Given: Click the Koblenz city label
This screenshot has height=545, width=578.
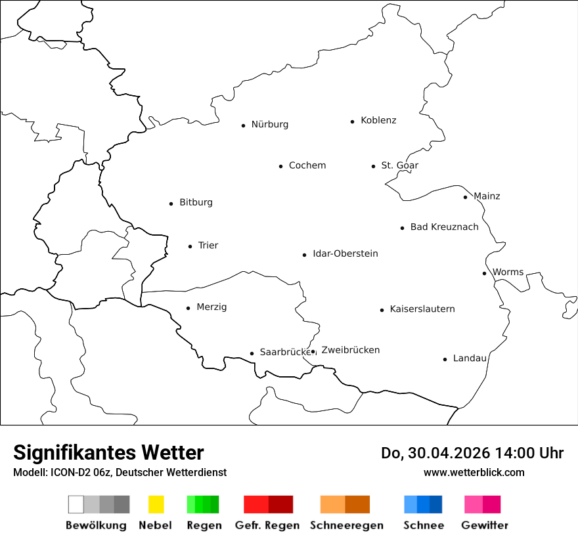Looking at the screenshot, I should pos(378,120).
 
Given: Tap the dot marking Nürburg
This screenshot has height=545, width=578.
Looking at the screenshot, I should pos(243,125).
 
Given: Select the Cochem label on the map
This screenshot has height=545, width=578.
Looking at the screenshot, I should pos(307,165).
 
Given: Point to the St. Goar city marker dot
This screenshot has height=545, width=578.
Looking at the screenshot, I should pos(373,166).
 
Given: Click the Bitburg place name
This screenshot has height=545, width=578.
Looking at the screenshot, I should pos(196,202).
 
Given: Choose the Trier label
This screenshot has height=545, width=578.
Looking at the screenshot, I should pos(208,246).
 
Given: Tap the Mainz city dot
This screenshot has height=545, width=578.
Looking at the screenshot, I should pos(465,197).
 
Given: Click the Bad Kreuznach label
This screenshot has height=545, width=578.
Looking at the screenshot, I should pos(444,227).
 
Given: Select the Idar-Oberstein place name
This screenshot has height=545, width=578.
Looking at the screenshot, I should pos(345,253).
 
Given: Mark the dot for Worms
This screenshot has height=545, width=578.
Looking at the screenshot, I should pos(484,273).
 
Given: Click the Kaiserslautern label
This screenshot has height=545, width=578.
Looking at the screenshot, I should pos(422,309).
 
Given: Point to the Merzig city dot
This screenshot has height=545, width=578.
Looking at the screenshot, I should pos(188,308).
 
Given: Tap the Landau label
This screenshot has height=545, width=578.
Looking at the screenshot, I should pos(470,359).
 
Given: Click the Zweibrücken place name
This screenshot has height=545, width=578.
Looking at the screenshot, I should pos(350,350).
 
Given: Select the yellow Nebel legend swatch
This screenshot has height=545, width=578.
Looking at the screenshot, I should pos(156,504).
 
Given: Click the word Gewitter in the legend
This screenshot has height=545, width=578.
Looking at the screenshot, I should pos(485,525).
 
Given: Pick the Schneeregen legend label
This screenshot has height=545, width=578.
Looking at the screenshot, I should pos(347,525).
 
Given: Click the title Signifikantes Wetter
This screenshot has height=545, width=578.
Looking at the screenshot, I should pos(108,453).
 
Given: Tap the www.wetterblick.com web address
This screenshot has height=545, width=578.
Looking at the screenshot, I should pos(474,472).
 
